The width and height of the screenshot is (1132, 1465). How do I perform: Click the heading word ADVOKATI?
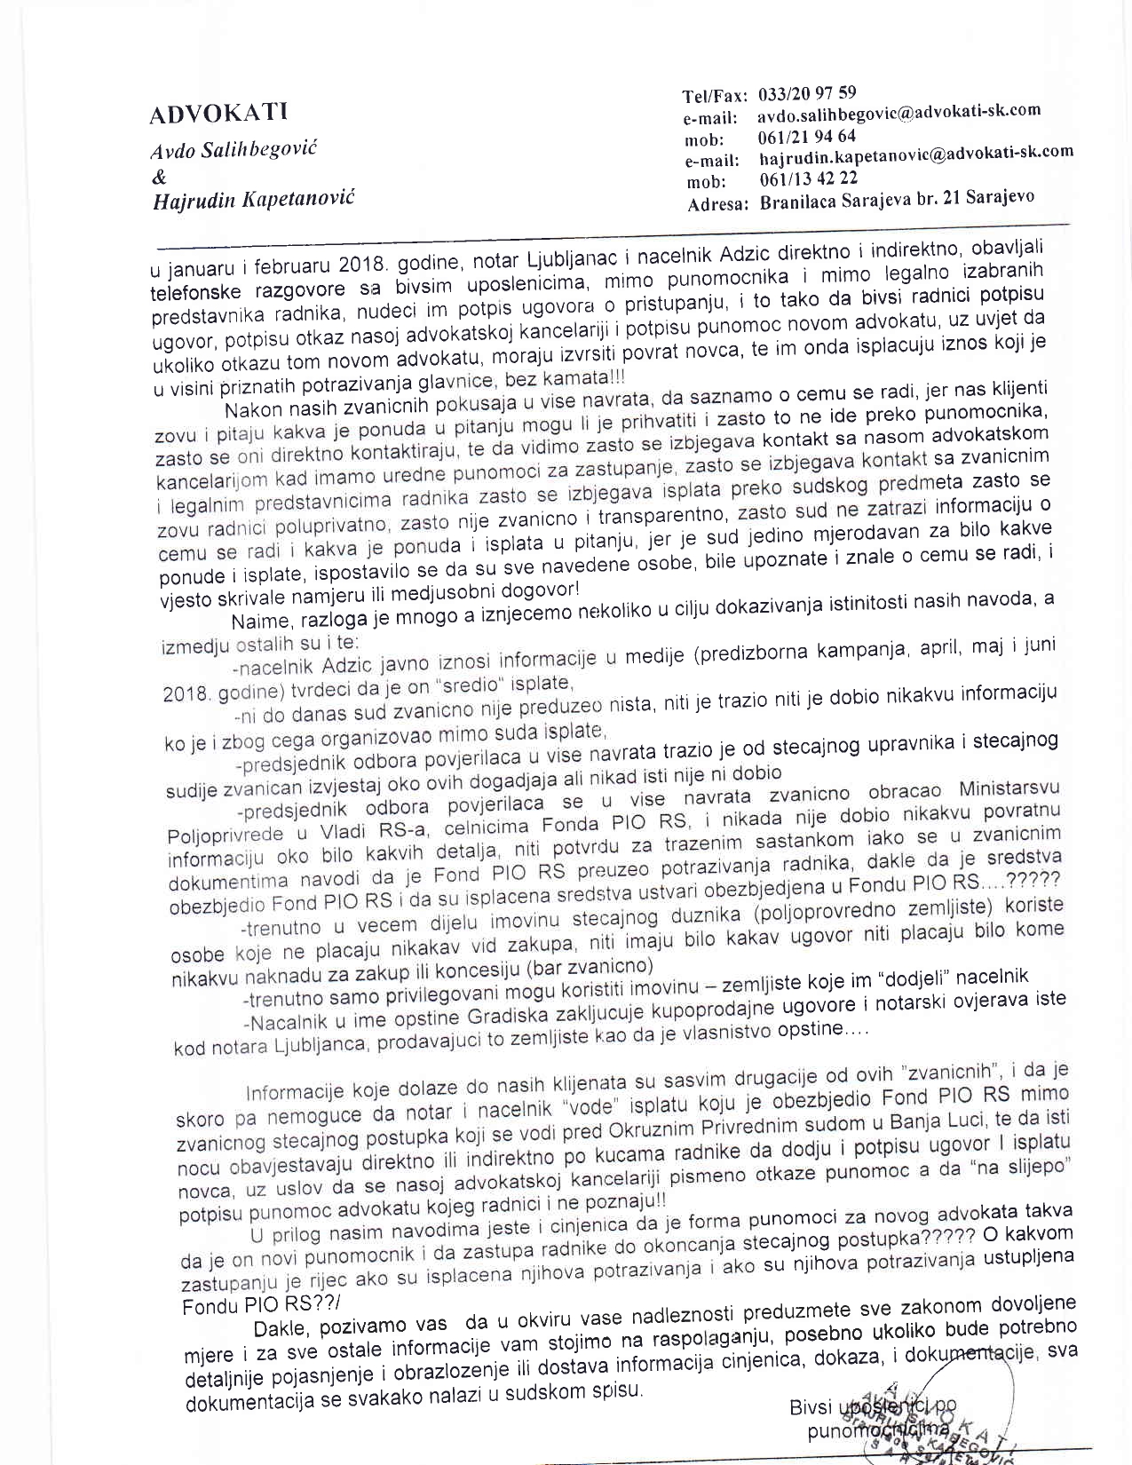click(218, 114)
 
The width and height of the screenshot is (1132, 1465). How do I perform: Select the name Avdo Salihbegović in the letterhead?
click(234, 148)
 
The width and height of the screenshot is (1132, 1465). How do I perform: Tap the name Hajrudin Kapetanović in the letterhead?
click(254, 198)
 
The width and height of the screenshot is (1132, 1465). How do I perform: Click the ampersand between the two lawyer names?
click(160, 175)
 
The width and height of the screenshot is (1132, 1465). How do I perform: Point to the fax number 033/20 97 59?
click(808, 93)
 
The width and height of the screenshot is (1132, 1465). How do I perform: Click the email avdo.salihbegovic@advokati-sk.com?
click(898, 114)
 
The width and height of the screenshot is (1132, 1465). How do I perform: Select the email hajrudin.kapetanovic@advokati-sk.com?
click(916, 154)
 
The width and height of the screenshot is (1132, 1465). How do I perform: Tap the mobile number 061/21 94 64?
click(807, 137)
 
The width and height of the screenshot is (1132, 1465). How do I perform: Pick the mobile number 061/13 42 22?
click(808, 178)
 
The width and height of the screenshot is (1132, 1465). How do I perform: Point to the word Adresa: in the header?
click(717, 204)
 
